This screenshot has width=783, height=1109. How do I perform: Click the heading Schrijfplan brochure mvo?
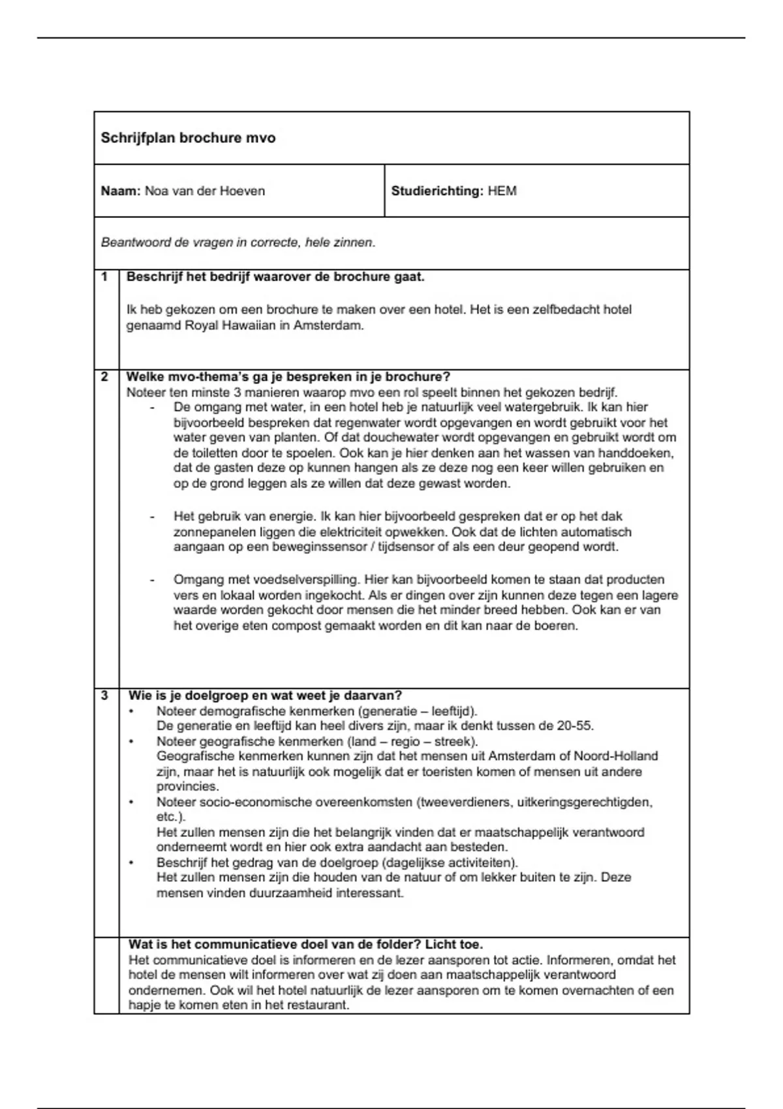(x=188, y=138)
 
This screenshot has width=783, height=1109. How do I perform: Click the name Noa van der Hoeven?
(x=204, y=191)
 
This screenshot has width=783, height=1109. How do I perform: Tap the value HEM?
(x=502, y=191)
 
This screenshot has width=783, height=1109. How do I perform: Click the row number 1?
(x=104, y=277)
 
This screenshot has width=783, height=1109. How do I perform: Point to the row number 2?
(x=104, y=377)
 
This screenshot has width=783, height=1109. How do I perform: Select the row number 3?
(x=104, y=695)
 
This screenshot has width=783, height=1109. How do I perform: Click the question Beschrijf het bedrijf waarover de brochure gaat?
(x=275, y=277)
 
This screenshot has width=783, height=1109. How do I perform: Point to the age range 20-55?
(x=575, y=725)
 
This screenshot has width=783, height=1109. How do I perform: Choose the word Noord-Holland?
(x=615, y=756)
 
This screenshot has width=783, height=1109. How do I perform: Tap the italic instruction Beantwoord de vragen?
(x=238, y=243)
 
